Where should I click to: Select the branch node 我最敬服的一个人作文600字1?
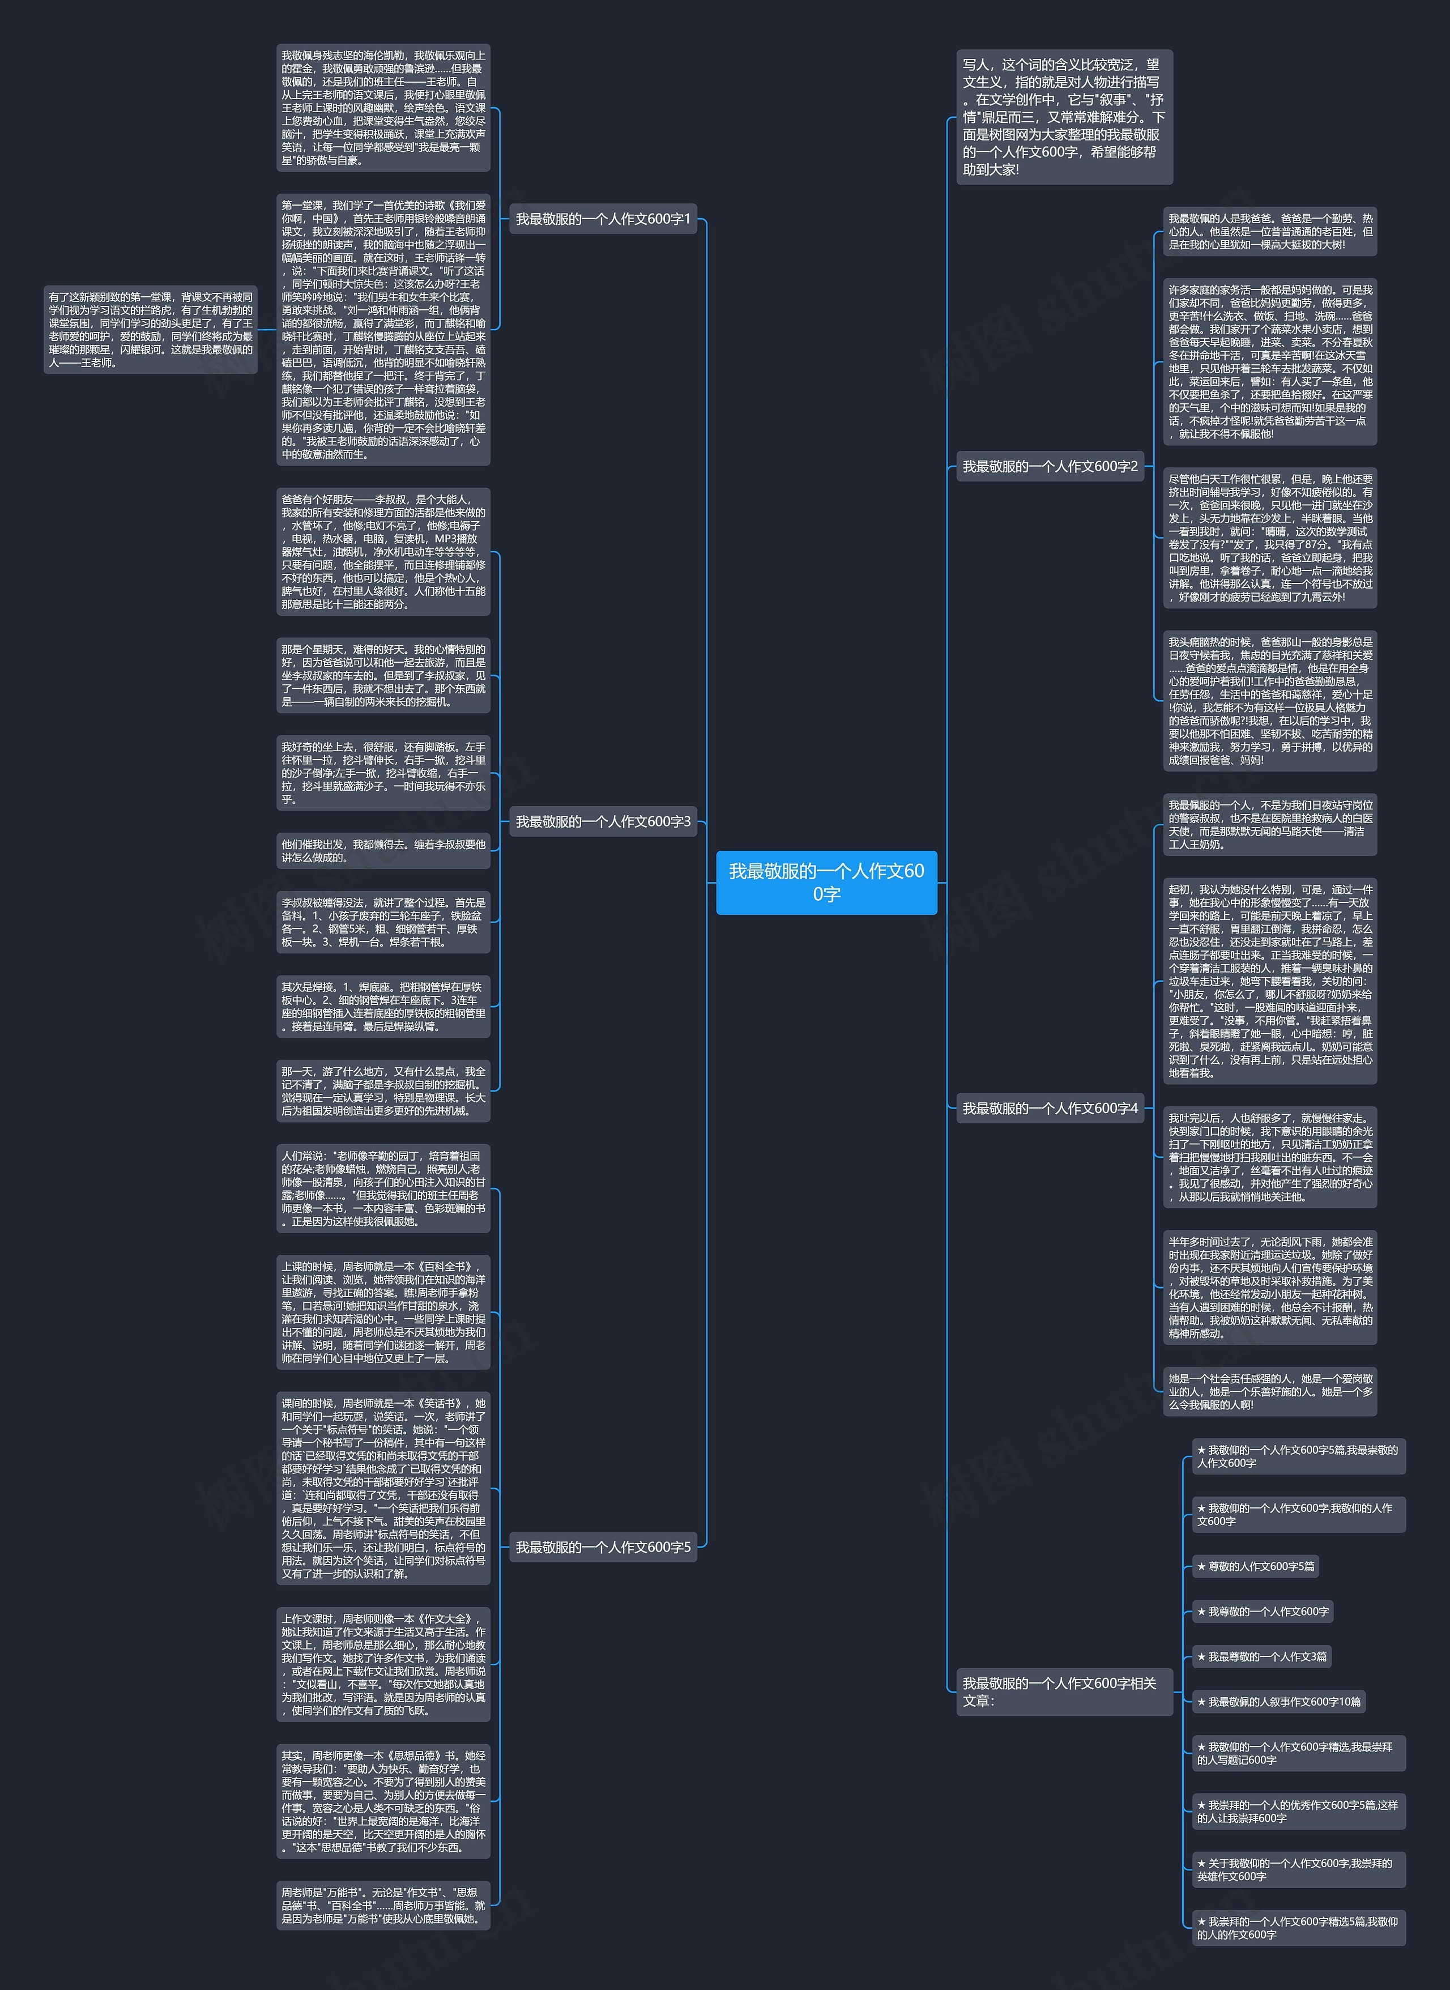[x=603, y=219]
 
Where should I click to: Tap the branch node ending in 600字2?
[x=1050, y=466]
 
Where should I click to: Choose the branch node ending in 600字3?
[x=603, y=821]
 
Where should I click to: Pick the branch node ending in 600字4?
[x=1050, y=1108]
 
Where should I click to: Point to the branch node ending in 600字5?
[x=603, y=1546]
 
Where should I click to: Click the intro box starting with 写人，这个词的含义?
[x=1064, y=117]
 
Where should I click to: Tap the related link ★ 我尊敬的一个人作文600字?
[x=1262, y=1611]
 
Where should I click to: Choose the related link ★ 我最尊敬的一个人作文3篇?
[x=1261, y=1656]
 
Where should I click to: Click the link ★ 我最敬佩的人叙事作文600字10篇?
[x=1278, y=1701]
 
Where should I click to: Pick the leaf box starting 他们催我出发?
[x=383, y=851]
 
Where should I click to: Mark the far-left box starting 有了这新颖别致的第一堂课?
[x=150, y=329]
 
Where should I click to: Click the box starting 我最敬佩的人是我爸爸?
[x=1269, y=232]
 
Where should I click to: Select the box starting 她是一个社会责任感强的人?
[x=1269, y=1391]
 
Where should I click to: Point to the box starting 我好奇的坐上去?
[x=383, y=773]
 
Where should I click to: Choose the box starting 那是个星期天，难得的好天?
[x=383, y=675]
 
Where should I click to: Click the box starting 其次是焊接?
[x=383, y=1006]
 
